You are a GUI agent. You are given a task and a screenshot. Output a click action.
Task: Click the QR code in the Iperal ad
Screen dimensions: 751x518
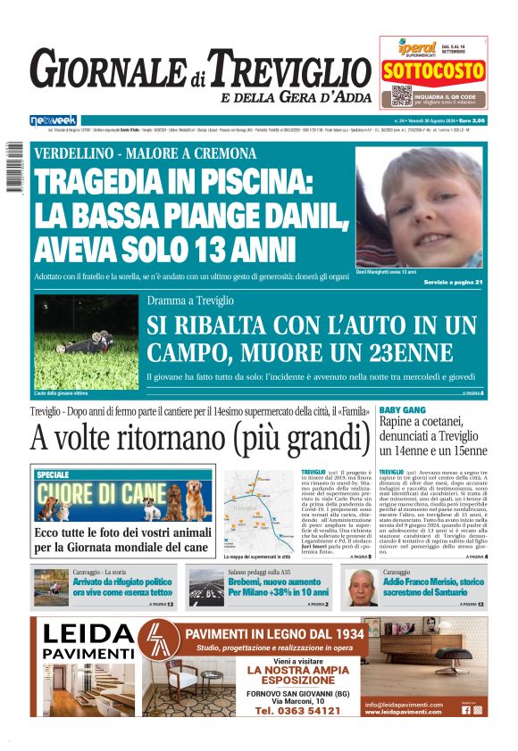coord(401,95)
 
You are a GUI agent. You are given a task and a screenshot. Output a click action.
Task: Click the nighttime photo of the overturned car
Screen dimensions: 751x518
coord(86,341)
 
